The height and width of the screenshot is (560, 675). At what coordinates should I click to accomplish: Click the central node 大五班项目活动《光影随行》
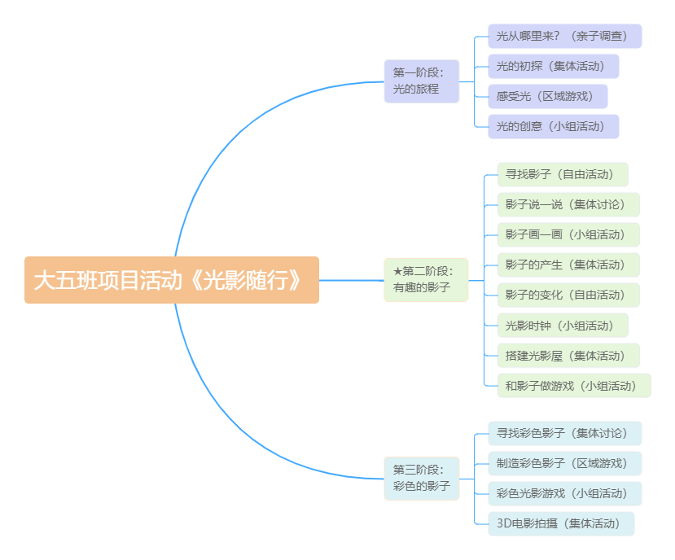[x=171, y=280]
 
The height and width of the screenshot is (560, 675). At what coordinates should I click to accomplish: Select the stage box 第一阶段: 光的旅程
[x=421, y=81]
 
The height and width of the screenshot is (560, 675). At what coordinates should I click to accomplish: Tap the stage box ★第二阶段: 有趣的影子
[x=426, y=280]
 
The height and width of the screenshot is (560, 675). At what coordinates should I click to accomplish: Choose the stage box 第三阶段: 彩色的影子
[x=421, y=478]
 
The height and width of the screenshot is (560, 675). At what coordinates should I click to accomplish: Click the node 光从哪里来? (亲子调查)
[x=564, y=36]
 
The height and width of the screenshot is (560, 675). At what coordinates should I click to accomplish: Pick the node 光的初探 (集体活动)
[x=553, y=66]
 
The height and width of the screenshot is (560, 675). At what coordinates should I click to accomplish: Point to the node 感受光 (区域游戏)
[x=547, y=96]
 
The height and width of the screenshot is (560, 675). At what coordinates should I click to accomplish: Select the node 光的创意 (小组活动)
[x=553, y=126]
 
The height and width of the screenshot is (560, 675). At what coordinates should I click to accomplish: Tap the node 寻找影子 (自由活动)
[x=563, y=174]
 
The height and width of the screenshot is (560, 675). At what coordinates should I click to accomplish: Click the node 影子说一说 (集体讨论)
[x=568, y=204]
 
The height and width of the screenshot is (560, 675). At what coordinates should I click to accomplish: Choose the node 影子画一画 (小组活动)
[x=568, y=234]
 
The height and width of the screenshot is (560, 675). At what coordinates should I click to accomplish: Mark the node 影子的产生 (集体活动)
[x=568, y=265]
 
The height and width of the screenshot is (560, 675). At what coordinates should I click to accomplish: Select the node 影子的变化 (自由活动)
[x=568, y=295]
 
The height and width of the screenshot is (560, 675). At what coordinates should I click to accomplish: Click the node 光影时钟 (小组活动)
[x=563, y=326]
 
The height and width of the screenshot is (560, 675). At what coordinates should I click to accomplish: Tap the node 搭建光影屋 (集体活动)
[x=568, y=356]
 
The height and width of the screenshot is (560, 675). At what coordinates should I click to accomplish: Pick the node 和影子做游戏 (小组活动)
[x=574, y=386]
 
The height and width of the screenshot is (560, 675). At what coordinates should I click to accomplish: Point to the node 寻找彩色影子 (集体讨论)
[x=564, y=433]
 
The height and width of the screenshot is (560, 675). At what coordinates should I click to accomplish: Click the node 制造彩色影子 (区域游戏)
[x=564, y=463]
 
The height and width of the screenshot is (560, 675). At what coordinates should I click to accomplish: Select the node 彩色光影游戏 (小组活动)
[x=564, y=493]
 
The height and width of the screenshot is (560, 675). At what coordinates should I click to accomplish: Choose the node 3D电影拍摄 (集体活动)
[x=560, y=523]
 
